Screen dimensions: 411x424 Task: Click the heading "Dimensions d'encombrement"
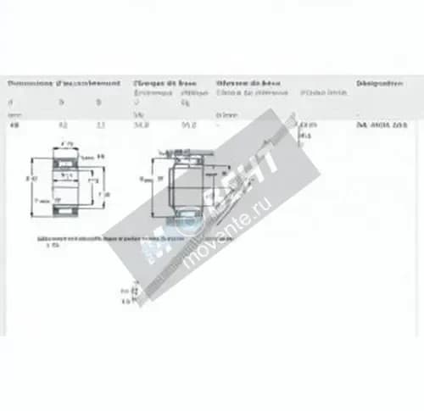pyautogui.click(x=64, y=84)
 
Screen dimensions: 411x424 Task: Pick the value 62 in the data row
pyautogui.click(x=63, y=125)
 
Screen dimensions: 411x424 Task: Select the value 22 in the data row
pyautogui.click(x=101, y=125)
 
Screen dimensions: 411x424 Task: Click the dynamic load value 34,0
pyautogui.click(x=141, y=125)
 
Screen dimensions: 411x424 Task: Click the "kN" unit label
pyautogui.click(x=137, y=114)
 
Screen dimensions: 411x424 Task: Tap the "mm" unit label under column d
pyautogui.click(x=14, y=114)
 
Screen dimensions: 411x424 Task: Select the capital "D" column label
pyautogui.click(x=61, y=101)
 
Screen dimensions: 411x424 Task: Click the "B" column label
pyautogui.click(x=98, y=101)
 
